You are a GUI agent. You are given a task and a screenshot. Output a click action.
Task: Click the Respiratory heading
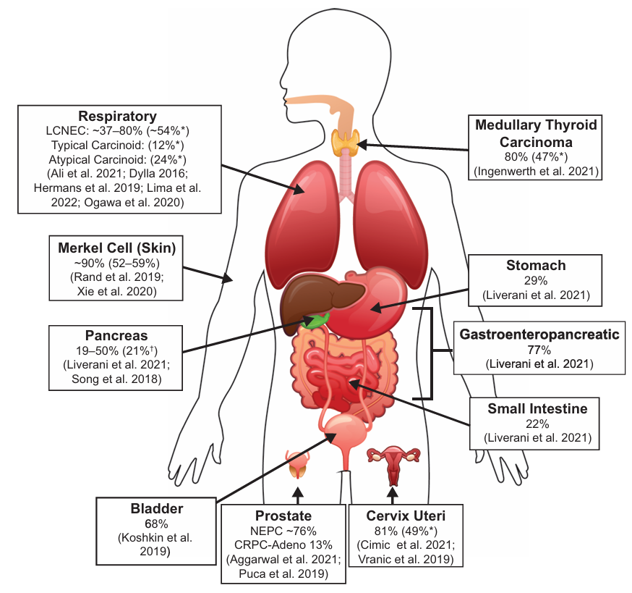tap(117, 117)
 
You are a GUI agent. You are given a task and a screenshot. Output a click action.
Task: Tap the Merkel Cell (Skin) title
tap(117, 248)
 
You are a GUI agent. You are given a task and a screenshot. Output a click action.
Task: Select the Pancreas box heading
tap(116, 335)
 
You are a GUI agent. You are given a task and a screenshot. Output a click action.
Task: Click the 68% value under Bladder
tap(156, 524)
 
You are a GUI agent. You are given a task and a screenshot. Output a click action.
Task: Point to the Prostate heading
tap(283, 516)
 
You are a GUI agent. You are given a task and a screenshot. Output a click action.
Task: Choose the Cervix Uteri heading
tap(406, 516)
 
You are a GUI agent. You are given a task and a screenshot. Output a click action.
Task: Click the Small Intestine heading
tap(537, 408)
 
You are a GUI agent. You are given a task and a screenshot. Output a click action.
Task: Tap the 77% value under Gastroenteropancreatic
tap(539, 350)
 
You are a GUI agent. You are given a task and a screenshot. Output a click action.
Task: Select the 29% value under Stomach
tap(536, 280)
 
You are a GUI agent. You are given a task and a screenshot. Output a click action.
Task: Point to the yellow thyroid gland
tap(346, 143)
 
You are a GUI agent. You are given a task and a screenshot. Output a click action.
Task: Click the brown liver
tap(318, 299)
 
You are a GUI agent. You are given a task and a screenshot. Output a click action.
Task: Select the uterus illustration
tap(393, 464)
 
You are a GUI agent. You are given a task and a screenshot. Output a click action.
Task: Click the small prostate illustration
tap(297, 464)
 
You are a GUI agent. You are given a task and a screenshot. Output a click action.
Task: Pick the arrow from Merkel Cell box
tap(208, 274)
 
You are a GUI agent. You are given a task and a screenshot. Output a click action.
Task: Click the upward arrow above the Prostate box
tap(297, 495)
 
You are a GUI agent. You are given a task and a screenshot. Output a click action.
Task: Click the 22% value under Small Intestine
tap(537, 424)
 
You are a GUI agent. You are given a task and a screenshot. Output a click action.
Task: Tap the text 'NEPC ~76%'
tap(283, 531)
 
